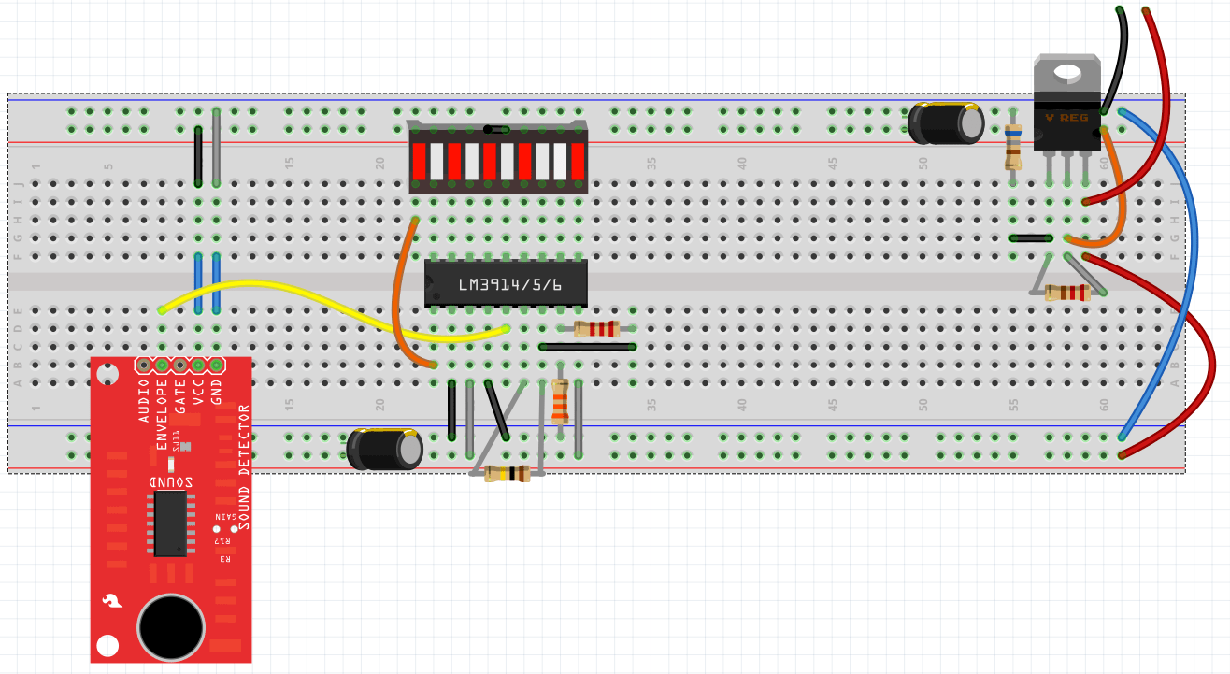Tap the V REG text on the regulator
tap(1066, 118)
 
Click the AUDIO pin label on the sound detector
tap(144, 401)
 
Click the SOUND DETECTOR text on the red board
tap(244, 467)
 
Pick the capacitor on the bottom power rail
tap(384, 450)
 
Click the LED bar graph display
tap(497, 159)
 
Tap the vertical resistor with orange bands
tap(560, 402)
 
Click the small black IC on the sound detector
tap(170, 523)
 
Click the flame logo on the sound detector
tap(112, 601)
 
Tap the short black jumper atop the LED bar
tap(497, 129)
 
